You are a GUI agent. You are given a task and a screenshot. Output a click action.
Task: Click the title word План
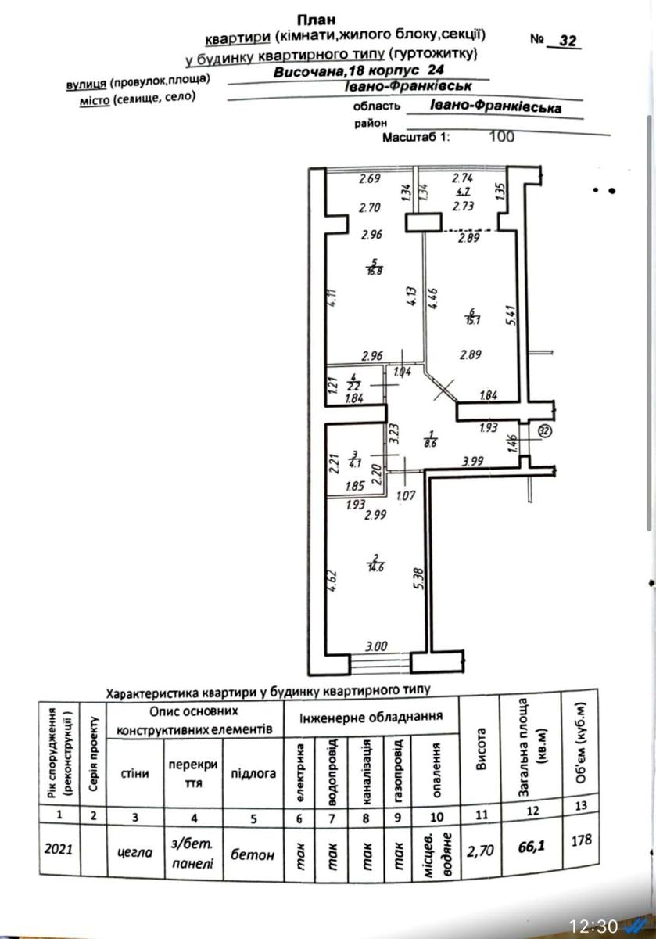(x=316, y=20)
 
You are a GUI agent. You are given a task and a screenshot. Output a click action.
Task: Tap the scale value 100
(x=500, y=136)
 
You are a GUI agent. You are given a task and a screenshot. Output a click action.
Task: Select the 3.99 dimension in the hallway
(x=474, y=462)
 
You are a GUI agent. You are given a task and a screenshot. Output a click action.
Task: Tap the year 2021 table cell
(x=60, y=848)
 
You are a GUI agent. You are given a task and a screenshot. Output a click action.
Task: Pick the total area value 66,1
(x=532, y=847)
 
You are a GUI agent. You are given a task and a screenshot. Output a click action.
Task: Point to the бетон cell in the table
(x=253, y=854)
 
